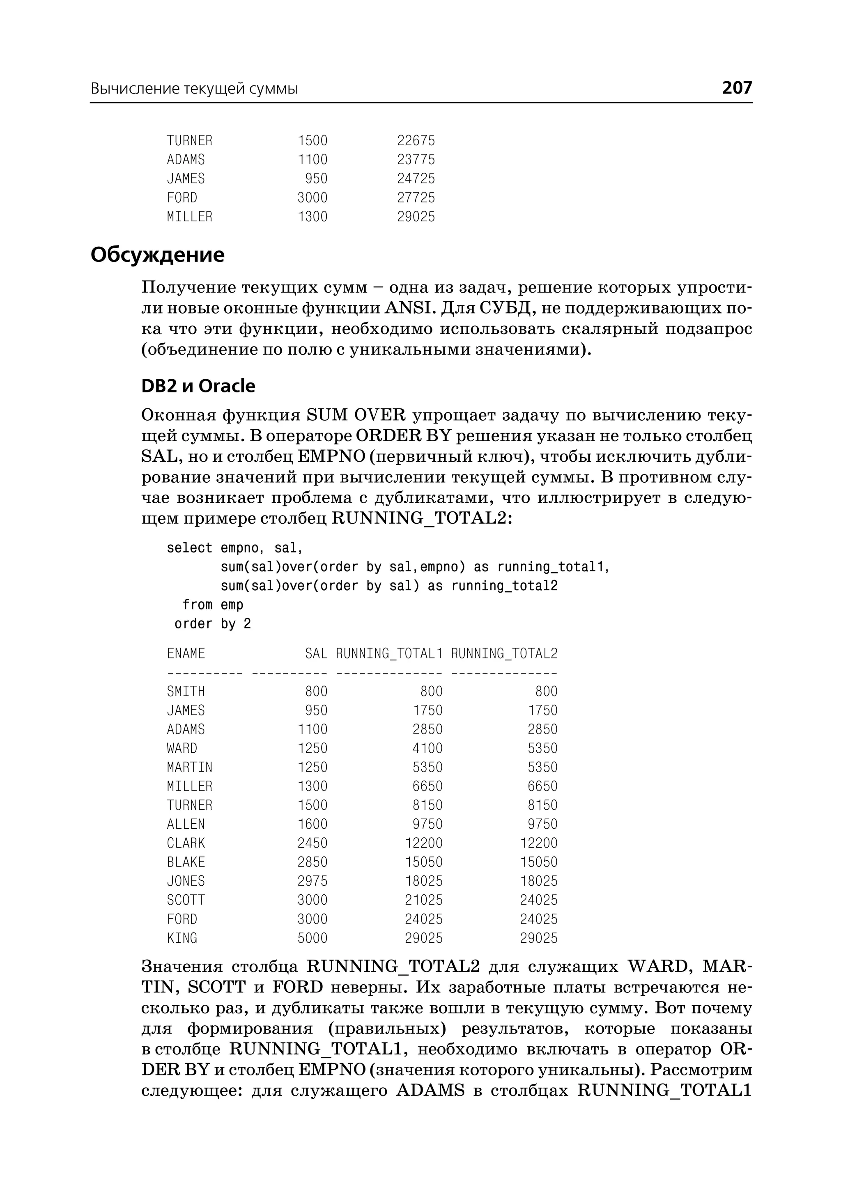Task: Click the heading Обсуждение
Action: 157,255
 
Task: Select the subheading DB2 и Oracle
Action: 198,386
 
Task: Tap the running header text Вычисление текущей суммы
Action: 194,89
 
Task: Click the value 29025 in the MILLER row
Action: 416,216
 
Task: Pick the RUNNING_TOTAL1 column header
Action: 389,654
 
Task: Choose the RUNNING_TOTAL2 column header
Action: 504,654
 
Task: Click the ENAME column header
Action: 186,654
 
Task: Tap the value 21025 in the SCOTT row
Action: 424,900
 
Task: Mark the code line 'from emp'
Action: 213,605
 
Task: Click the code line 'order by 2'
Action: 213,624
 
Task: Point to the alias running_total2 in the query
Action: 504,586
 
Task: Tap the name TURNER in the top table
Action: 190,141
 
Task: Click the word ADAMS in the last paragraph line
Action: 430,1091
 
